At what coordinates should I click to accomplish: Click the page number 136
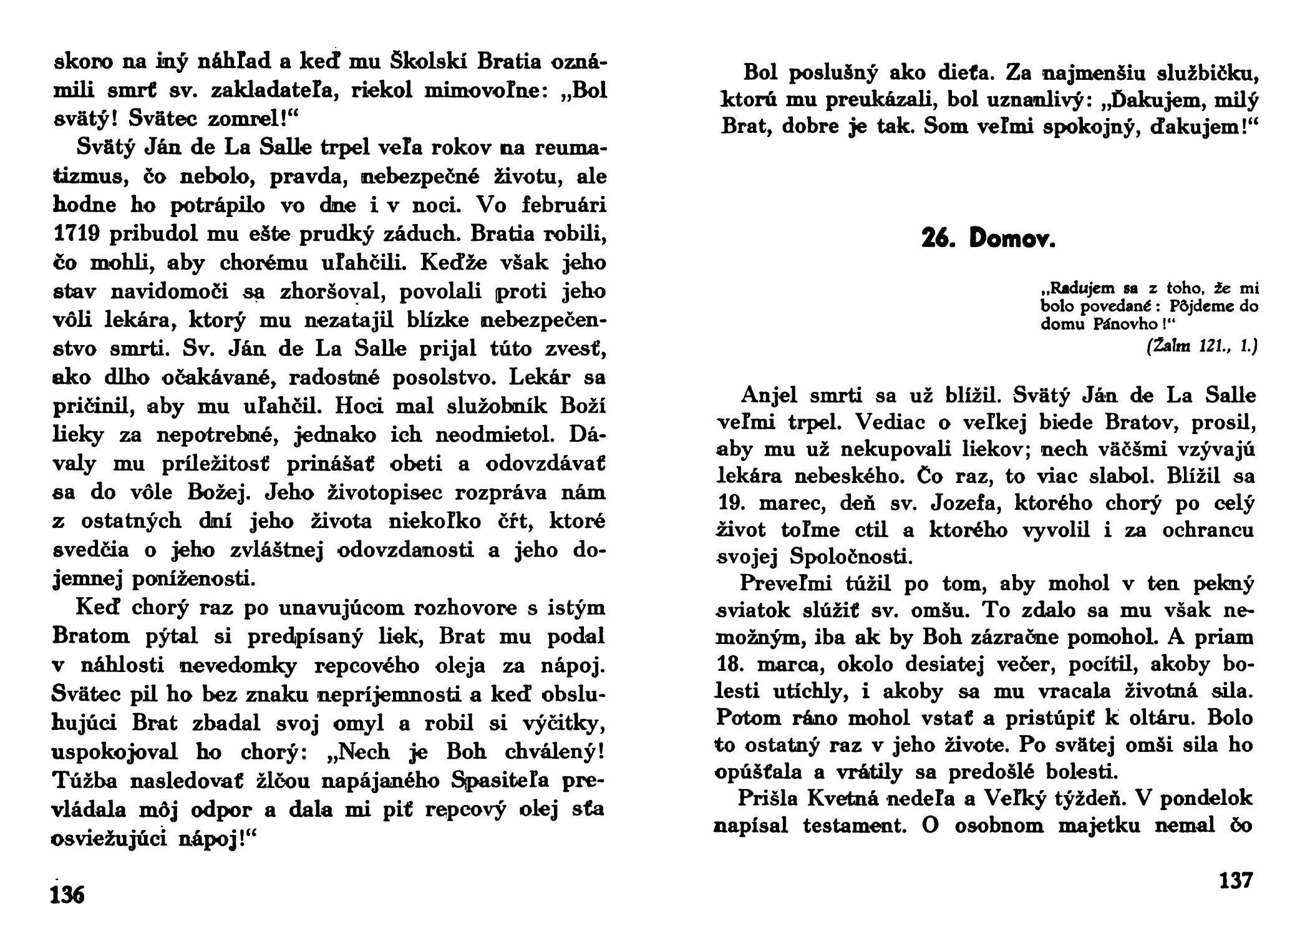68,894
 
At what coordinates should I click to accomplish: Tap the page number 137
1235,880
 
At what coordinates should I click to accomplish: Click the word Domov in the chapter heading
1012,239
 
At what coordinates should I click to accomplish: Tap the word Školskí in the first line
430,63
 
